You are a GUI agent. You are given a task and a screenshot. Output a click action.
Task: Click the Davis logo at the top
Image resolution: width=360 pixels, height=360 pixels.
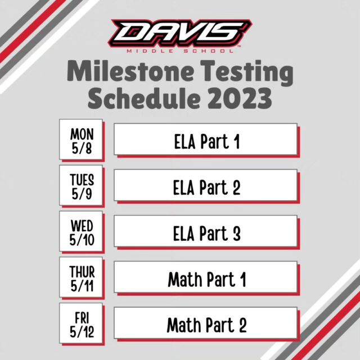click(180, 36)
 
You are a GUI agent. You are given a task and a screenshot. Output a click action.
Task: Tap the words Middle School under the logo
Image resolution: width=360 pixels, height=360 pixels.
click(180, 51)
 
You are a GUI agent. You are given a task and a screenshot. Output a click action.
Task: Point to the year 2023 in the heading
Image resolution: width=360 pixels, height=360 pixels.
click(240, 98)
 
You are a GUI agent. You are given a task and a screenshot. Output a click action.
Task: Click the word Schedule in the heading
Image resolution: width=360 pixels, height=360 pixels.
click(144, 98)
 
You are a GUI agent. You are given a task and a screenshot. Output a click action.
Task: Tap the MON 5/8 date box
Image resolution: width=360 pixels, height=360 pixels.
click(81, 139)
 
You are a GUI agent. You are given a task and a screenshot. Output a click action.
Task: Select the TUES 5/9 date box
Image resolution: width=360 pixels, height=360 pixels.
click(81, 185)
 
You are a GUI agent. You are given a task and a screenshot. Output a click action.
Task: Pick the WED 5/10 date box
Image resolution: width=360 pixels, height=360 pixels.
click(81, 231)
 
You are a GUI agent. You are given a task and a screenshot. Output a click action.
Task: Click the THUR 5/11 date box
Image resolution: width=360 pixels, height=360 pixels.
click(81, 277)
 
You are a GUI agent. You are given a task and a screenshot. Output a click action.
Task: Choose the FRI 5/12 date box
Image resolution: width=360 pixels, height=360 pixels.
click(81, 323)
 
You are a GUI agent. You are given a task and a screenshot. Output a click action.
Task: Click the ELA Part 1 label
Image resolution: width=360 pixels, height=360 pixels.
click(207, 141)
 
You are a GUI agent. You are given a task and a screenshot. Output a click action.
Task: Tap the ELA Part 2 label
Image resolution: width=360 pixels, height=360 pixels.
click(207, 187)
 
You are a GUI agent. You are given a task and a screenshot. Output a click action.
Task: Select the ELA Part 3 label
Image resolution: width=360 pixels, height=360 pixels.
click(207, 233)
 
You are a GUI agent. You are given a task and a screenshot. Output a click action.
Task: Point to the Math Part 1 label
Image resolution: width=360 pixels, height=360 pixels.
click(207, 279)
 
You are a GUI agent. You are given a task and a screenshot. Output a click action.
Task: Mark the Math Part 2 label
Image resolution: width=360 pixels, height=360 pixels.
click(207, 325)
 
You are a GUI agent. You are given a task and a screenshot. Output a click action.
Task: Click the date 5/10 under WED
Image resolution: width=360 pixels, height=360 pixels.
click(82, 240)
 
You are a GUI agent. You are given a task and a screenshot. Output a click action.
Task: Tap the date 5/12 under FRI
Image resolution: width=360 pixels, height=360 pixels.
click(82, 332)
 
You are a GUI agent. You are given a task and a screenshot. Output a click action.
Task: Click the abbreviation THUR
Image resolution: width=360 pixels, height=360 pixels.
click(82, 272)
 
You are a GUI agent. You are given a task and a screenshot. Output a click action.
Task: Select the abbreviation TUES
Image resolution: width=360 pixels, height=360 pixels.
click(82, 180)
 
